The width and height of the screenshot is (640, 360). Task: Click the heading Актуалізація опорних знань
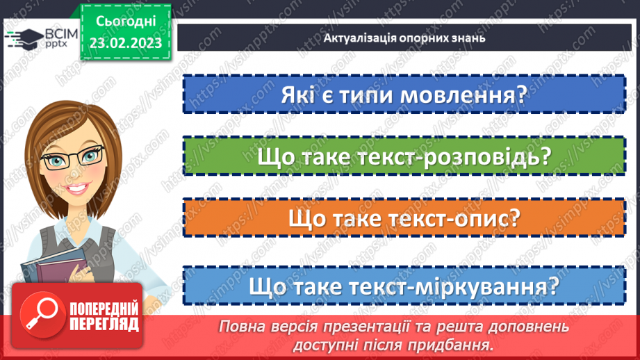pos(404,38)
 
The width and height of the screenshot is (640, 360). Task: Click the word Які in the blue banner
pos(299,95)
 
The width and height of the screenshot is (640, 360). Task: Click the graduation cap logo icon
pos(24,38)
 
